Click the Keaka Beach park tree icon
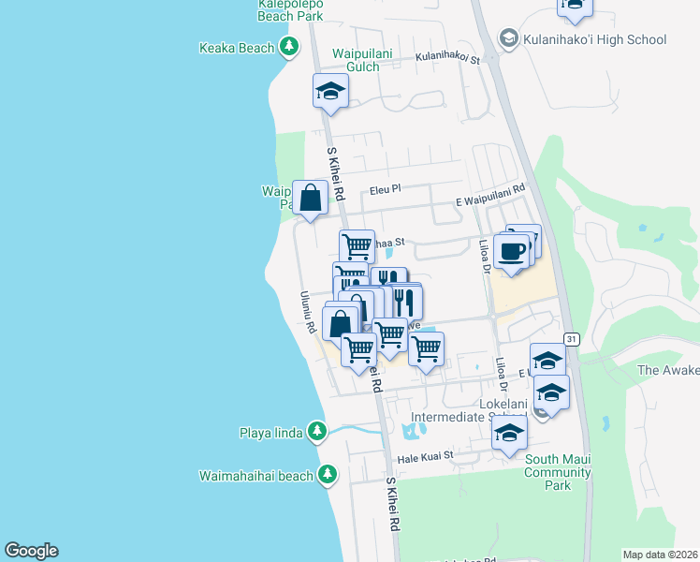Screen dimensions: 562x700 click(290, 47)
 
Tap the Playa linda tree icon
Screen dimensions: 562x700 click(318, 431)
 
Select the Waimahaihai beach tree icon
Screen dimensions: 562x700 click(327, 475)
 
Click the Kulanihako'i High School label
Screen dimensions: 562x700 click(595, 39)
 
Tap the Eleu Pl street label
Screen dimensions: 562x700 click(385, 188)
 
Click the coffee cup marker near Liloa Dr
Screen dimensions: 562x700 click(512, 252)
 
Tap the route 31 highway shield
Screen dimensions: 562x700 click(571, 336)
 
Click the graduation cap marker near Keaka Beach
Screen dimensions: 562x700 click(329, 91)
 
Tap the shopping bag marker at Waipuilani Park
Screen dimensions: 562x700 click(311, 198)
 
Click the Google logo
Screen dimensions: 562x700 click(31, 551)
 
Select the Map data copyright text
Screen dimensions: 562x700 click(661, 555)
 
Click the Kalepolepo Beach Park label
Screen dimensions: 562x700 click(291, 10)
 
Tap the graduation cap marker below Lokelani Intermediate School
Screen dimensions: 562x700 click(509, 433)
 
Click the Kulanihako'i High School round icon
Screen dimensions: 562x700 click(509, 39)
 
